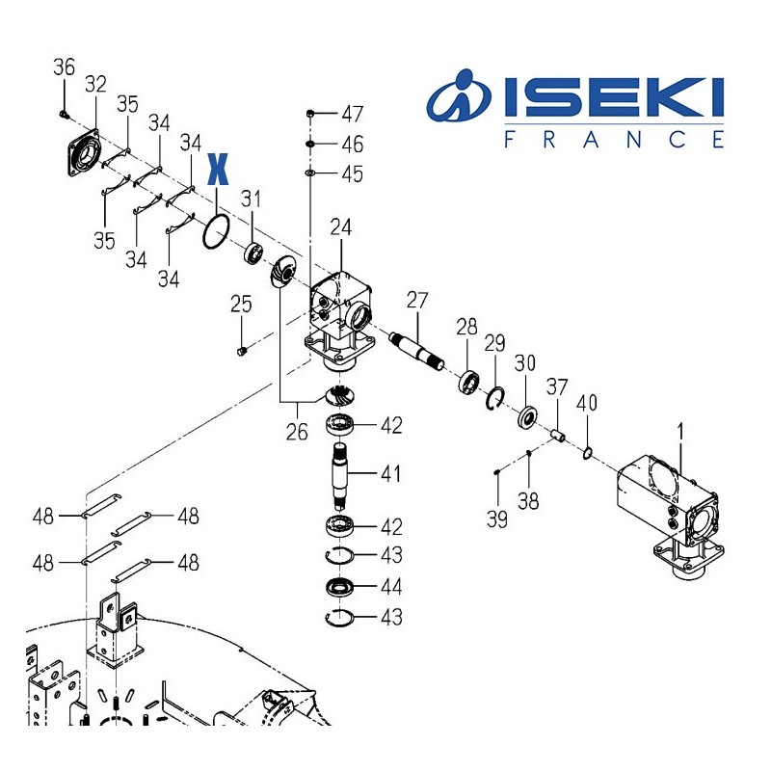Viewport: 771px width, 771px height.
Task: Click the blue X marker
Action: (x=219, y=169)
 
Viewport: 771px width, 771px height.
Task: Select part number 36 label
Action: (x=64, y=67)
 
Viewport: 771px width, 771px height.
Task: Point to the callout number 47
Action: (x=352, y=115)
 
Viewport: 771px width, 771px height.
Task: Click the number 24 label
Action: (x=341, y=228)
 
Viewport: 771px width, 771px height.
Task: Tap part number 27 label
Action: (x=415, y=300)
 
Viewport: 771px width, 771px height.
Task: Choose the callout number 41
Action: (x=390, y=475)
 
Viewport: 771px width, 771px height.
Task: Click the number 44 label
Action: (x=390, y=587)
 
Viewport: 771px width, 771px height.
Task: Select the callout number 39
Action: (x=495, y=520)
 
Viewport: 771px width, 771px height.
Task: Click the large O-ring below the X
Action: (x=215, y=231)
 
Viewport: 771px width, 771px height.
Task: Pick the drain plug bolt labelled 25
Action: (x=242, y=348)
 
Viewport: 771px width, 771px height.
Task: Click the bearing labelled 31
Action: (x=253, y=254)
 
